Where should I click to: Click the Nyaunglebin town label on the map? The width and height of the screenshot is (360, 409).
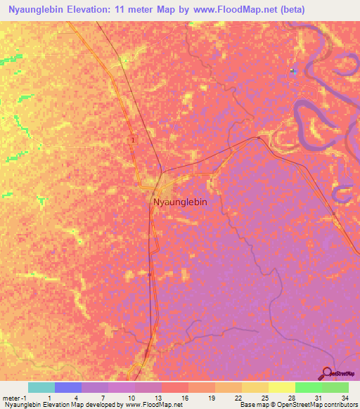click(x=180, y=202)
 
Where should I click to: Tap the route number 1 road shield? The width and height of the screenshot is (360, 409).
click(x=133, y=140)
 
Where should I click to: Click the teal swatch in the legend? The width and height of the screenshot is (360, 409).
click(x=41, y=387)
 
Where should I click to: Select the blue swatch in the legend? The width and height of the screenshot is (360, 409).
click(x=67, y=387)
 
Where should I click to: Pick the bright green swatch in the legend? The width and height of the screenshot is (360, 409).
click(x=309, y=387)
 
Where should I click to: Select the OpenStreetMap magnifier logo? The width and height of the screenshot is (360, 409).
click(x=327, y=373)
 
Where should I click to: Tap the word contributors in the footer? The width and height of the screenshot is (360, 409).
click(x=341, y=405)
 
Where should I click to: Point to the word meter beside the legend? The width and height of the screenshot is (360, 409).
click(x=11, y=397)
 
